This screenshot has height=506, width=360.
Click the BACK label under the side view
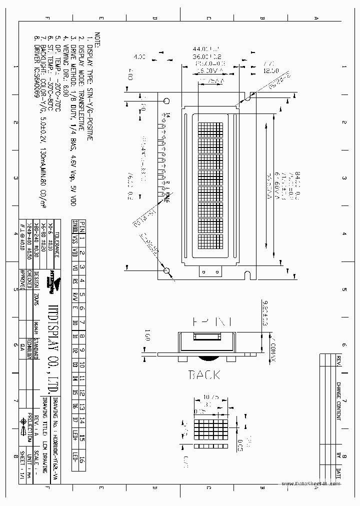pyautogui.click(x=203, y=374)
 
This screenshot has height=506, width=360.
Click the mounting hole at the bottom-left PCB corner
pyautogui.click(x=166, y=270)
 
